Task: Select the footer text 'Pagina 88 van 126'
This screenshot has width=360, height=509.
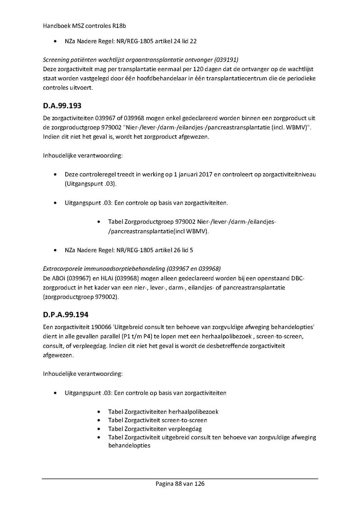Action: (x=180, y=484)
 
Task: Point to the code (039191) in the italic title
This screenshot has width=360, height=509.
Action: (x=226, y=60)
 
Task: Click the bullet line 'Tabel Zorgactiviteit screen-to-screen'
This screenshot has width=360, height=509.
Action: (x=158, y=420)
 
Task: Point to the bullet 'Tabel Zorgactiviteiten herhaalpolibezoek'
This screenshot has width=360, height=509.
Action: (x=163, y=411)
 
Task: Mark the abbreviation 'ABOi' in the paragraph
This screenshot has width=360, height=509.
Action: (x=58, y=278)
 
